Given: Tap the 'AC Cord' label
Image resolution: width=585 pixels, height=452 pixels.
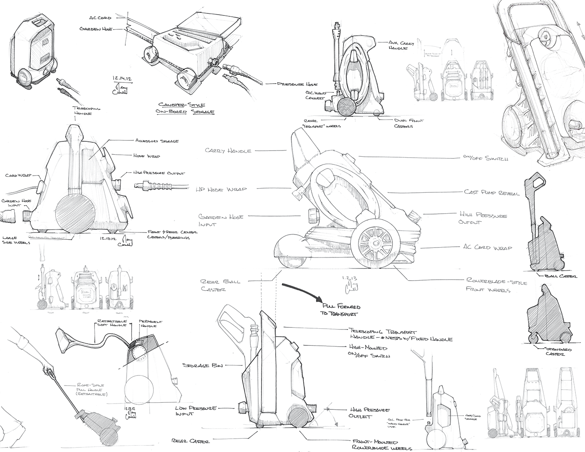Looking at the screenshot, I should [100, 18].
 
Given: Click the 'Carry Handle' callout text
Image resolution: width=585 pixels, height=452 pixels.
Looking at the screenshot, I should [228, 151].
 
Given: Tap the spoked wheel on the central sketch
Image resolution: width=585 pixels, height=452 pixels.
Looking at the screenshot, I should [371, 244].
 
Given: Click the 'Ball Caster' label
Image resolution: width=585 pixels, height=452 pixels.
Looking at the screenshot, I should [561, 276].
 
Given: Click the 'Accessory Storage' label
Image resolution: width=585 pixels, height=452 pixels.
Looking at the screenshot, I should [157, 141].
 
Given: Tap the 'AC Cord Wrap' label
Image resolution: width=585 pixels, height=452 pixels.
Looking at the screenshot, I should [488, 248].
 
